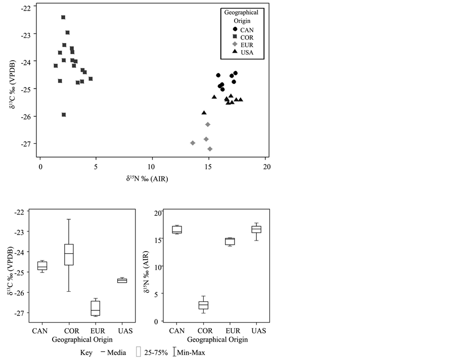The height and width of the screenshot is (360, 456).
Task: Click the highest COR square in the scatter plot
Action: (63, 17)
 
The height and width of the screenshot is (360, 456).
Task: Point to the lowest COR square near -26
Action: (64, 115)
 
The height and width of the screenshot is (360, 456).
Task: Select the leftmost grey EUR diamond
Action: (193, 143)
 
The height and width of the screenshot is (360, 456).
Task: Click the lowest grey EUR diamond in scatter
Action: (210, 149)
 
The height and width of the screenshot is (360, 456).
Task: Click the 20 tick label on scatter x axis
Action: (266, 167)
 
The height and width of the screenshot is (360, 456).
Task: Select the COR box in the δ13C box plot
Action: (69, 254)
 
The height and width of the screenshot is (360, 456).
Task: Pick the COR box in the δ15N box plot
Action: (203, 305)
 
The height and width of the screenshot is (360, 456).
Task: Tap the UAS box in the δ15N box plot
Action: (256, 229)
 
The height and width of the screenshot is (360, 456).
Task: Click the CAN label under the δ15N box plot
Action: (177, 331)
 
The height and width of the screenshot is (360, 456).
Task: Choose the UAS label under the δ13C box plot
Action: (122, 331)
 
